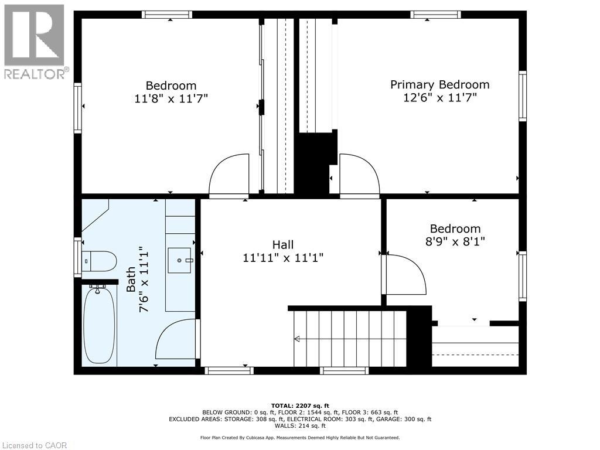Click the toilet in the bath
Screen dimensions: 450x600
(100, 261)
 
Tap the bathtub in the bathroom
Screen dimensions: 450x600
(98, 325)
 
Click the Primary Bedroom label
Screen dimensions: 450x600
(439, 84)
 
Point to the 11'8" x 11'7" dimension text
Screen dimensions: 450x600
(171, 98)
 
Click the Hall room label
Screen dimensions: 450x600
(282, 244)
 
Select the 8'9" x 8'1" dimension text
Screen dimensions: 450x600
(455, 240)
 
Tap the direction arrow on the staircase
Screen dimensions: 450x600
(297, 338)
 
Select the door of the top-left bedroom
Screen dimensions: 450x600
(230, 175)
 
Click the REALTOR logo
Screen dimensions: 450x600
(35, 42)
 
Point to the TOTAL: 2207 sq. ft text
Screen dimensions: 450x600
(300, 405)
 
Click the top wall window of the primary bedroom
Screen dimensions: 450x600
(435, 15)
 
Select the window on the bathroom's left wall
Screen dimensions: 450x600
(77, 257)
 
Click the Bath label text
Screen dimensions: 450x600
(131, 279)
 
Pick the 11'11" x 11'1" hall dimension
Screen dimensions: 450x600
(283, 257)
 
